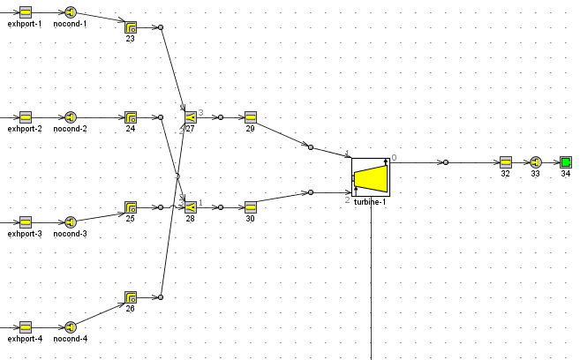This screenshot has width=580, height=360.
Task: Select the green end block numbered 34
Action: click(x=565, y=162)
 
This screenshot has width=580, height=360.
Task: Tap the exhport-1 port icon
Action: click(x=26, y=12)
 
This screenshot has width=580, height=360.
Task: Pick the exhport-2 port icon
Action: click(x=26, y=117)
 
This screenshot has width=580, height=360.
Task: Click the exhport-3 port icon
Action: click(x=26, y=222)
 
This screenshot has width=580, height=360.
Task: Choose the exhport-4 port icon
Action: click(x=26, y=327)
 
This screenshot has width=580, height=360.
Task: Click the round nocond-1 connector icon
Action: click(x=71, y=12)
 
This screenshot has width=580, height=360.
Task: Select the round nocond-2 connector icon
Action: click(x=71, y=117)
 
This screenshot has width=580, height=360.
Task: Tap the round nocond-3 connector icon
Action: click(x=71, y=222)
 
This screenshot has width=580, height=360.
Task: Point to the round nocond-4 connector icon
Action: click(x=71, y=327)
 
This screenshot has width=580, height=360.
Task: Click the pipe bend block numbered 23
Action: click(x=131, y=27)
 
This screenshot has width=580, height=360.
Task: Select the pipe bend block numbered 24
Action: click(x=131, y=117)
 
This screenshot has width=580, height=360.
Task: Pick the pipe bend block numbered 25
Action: click(x=131, y=207)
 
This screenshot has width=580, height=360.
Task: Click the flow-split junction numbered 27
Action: click(x=190, y=117)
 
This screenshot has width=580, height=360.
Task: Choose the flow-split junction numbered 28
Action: click(x=190, y=207)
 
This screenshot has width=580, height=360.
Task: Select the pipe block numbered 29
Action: click(x=250, y=117)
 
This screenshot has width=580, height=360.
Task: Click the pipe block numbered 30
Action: click(x=250, y=207)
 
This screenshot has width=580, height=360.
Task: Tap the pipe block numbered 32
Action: click(x=505, y=162)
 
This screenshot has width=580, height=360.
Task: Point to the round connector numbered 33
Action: click(x=535, y=162)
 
